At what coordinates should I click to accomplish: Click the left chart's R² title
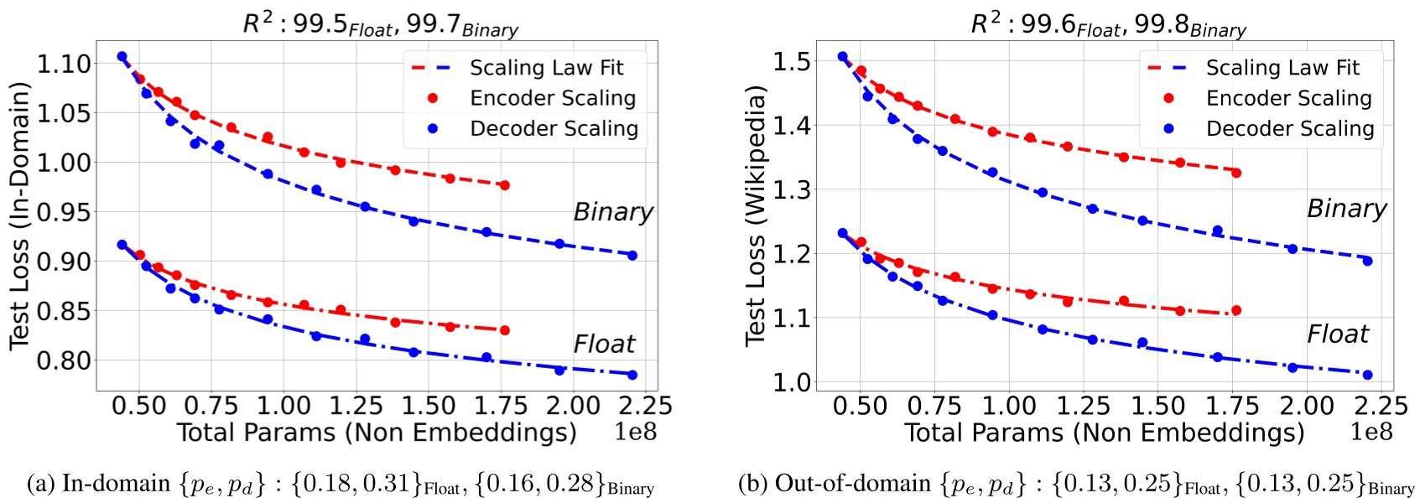click(380, 23)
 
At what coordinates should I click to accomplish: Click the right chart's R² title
click(1108, 23)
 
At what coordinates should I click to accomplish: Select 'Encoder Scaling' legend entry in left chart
click(552, 98)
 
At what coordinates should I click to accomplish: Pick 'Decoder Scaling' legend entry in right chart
click(1289, 128)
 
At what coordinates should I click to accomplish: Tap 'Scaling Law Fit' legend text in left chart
click(546, 67)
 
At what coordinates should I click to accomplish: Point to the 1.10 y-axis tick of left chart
click(64, 64)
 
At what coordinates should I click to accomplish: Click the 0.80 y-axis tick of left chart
click(64, 361)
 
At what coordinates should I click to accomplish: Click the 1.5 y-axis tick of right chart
click(792, 61)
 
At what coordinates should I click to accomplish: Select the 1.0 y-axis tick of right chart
click(792, 381)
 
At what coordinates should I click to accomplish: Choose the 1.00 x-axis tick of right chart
click(1009, 406)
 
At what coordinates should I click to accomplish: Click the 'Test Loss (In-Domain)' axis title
click(19, 215)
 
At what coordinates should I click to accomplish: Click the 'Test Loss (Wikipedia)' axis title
click(755, 215)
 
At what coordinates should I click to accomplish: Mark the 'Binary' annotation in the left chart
click(612, 212)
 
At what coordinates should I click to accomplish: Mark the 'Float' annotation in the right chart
click(1337, 335)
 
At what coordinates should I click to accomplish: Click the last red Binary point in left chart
click(504, 185)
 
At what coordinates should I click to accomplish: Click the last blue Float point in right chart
click(1367, 375)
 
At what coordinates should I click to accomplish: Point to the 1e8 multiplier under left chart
click(635, 432)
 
